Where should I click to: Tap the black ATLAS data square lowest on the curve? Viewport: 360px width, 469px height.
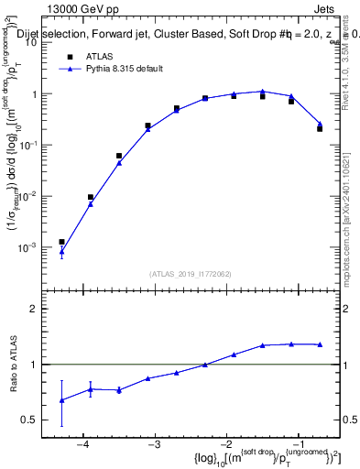click(x=61, y=242)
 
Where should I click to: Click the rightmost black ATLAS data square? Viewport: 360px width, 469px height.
click(x=320, y=128)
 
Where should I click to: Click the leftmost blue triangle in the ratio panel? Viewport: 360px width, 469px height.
click(x=61, y=400)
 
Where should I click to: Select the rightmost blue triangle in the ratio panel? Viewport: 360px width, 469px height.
click(x=320, y=344)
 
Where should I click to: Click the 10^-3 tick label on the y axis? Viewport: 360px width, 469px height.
click(x=34, y=248)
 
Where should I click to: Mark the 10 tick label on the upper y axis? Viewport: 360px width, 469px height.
click(x=38, y=42)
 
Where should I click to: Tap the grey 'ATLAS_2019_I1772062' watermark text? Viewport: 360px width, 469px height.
click(x=190, y=272)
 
